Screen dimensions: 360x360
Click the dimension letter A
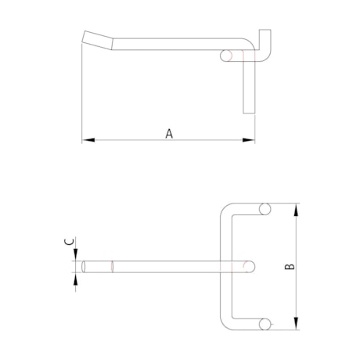click(169, 133)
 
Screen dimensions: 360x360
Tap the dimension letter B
click(289, 267)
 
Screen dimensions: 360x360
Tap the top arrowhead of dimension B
click(296, 209)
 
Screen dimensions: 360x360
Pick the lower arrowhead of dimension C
click(76, 276)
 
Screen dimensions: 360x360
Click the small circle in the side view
click(227, 55)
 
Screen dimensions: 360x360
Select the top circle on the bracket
click(265, 210)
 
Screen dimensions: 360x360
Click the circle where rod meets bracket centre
click(249, 266)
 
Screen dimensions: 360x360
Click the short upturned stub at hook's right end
click(267, 39)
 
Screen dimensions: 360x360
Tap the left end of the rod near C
click(84, 266)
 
